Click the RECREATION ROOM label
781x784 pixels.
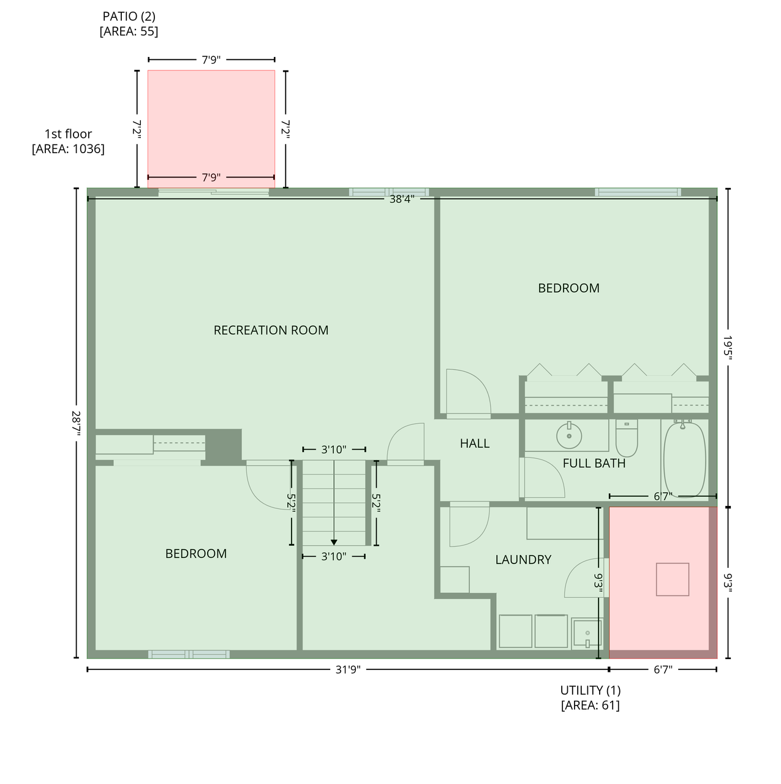(x=271, y=330)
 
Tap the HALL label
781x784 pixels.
(x=475, y=443)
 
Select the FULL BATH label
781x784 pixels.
(x=594, y=463)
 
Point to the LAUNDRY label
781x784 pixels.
(x=523, y=559)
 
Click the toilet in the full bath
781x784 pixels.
(x=627, y=438)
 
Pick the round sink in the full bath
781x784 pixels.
(x=569, y=435)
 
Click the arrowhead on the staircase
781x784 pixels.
(x=334, y=542)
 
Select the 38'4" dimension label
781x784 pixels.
(x=402, y=199)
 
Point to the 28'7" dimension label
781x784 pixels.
(x=76, y=423)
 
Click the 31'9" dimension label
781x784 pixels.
(x=348, y=669)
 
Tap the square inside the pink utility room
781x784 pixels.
(x=673, y=579)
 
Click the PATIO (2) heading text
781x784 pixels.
(x=129, y=17)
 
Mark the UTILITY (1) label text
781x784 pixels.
(x=590, y=690)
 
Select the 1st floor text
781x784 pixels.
(x=68, y=134)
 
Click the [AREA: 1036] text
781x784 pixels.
(x=68, y=149)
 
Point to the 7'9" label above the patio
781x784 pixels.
(x=211, y=60)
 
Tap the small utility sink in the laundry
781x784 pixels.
(x=586, y=633)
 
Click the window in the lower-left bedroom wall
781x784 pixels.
(x=189, y=654)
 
